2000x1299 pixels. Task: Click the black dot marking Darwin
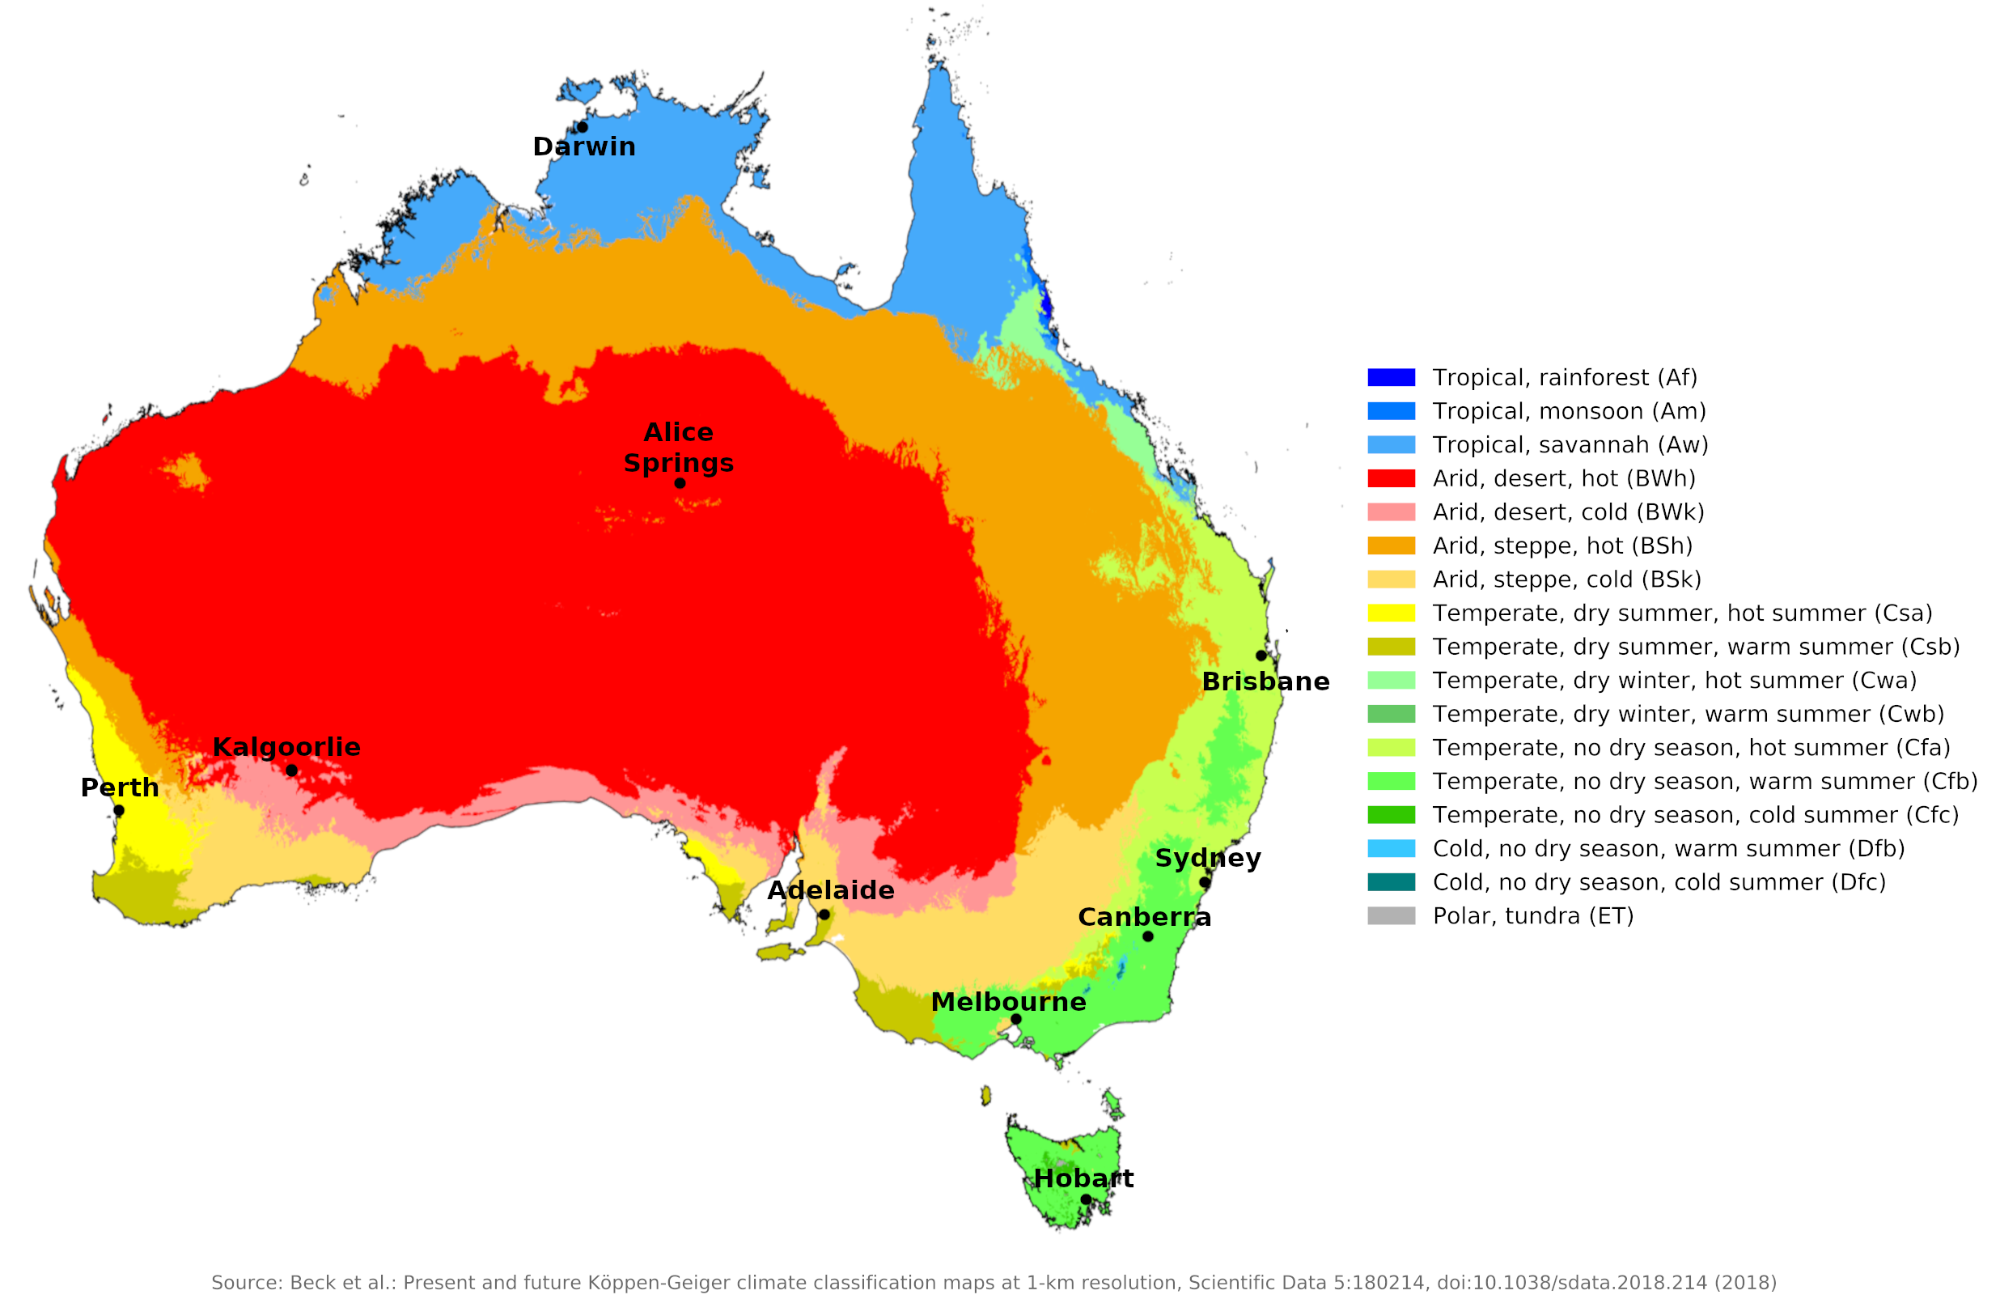click(583, 127)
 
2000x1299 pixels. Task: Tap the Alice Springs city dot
click(680, 482)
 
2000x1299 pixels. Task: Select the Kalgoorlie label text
click(286, 746)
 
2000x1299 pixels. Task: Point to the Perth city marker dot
click(119, 810)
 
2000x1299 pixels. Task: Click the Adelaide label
click(830, 889)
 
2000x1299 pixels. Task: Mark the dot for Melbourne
click(1015, 1019)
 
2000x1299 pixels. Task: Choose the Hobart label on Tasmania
click(1083, 1178)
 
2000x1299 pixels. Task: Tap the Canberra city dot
click(1148, 936)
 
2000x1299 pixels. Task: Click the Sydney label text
click(1208, 858)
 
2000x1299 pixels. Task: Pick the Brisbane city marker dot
click(1261, 655)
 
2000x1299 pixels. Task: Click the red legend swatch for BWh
click(1391, 478)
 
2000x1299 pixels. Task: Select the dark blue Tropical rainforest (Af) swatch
click(1391, 377)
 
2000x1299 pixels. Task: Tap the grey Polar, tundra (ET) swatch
click(1391, 915)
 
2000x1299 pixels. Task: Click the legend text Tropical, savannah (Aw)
click(1570, 445)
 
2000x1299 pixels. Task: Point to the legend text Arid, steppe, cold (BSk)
click(1566, 579)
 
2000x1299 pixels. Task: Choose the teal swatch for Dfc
click(1391, 882)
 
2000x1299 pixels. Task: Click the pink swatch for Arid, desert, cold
click(1391, 512)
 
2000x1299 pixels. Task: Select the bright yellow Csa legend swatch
click(1391, 613)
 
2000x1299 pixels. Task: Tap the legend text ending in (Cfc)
click(1695, 815)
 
